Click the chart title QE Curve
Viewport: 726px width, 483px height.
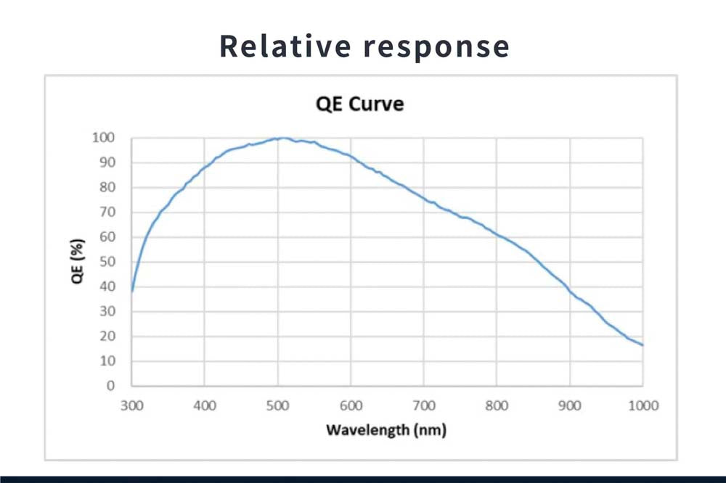pyautogui.click(x=360, y=104)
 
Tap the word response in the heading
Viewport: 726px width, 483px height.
pyautogui.click(x=436, y=47)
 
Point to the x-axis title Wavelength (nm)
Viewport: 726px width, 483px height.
pyautogui.click(x=386, y=430)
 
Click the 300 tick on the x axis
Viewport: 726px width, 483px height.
pyautogui.click(x=132, y=405)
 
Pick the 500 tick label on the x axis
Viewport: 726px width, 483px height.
pyautogui.click(x=278, y=405)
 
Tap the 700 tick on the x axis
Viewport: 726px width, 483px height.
pyautogui.click(x=424, y=405)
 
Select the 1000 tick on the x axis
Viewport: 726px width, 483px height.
pyautogui.click(x=643, y=405)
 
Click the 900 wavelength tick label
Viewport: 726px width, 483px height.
pyautogui.click(x=570, y=405)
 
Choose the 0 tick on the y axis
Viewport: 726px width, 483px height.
pyautogui.click(x=111, y=386)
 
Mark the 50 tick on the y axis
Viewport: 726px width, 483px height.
pyautogui.click(x=108, y=262)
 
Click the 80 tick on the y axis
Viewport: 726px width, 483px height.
pyautogui.click(x=108, y=187)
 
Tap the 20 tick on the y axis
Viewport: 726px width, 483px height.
pyautogui.click(x=108, y=337)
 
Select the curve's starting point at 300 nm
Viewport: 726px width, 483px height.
pyautogui.click(x=132, y=291)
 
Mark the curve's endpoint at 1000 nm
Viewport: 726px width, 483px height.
pyautogui.click(x=643, y=344)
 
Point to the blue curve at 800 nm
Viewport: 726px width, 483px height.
pyautogui.click(x=497, y=234)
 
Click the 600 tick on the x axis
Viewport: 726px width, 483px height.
pyautogui.click(x=351, y=405)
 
